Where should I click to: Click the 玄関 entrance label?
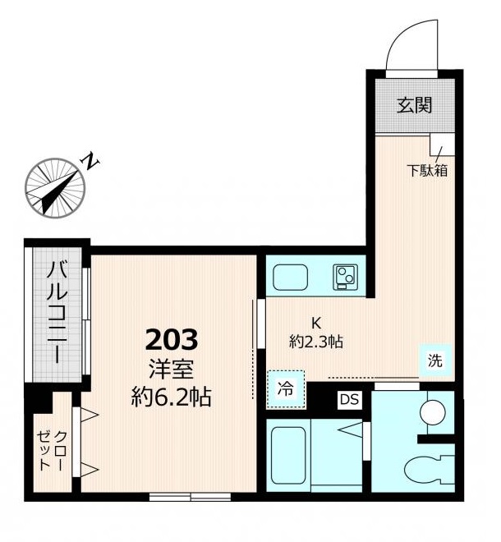[x=414, y=105]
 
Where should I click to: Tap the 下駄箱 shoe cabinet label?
[x=427, y=171]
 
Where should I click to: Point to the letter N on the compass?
[x=90, y=161]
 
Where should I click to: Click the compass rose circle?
[x=55, y=188]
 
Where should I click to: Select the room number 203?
[x=172, y=339]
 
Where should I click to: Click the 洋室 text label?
[x=171, y=370]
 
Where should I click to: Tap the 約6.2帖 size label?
[x=171, y=397]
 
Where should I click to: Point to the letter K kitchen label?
[x=316, y=324]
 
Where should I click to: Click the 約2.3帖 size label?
[x=316, y=342]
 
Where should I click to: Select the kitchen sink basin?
[x=290, y=278]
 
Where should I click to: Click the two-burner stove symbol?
[x=346, y=277]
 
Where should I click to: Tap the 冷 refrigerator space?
[x=286, y=389]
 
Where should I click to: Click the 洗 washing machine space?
[x=435, y=361]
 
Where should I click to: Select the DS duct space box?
[x=350, y=399]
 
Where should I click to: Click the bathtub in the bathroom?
[x=289, y=456]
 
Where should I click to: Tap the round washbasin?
[x=432, y=412]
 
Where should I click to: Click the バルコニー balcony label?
[x=57, y=313]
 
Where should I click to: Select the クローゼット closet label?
[x=51, y=451]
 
